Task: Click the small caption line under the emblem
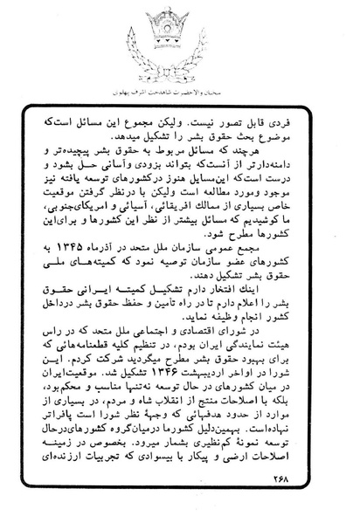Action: [179, 90]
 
